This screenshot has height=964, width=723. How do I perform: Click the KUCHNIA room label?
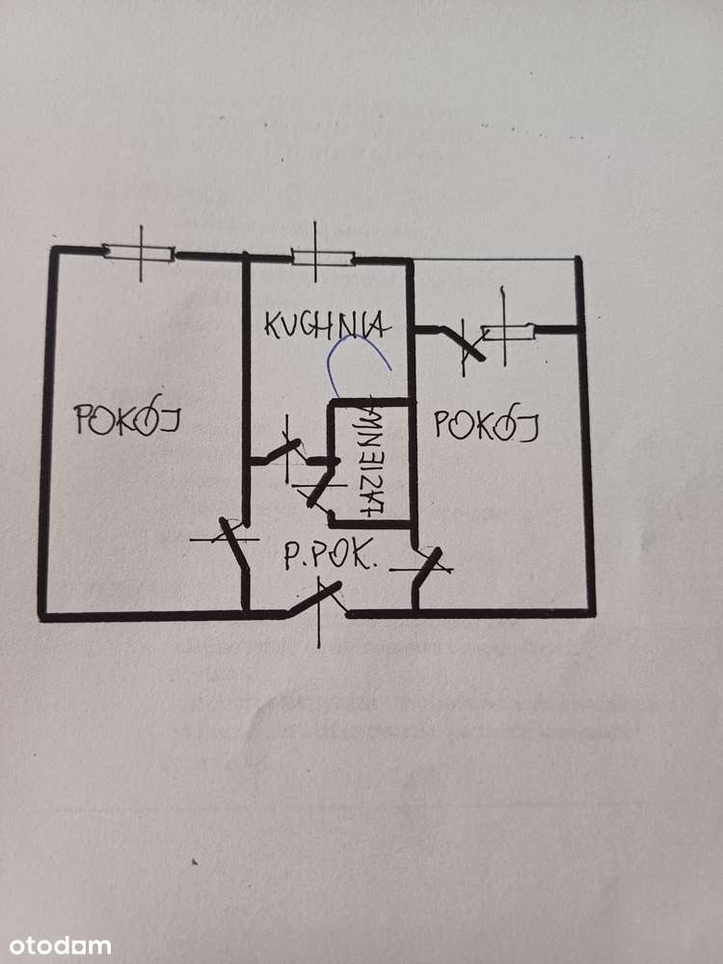tap(327, 324)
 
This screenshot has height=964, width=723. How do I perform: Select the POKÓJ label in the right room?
tap(485, 424)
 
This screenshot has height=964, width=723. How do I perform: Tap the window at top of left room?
tap(140, 253)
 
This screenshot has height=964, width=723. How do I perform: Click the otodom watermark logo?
tap(56, 946)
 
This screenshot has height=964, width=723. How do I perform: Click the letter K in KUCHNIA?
tap(274, 324)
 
